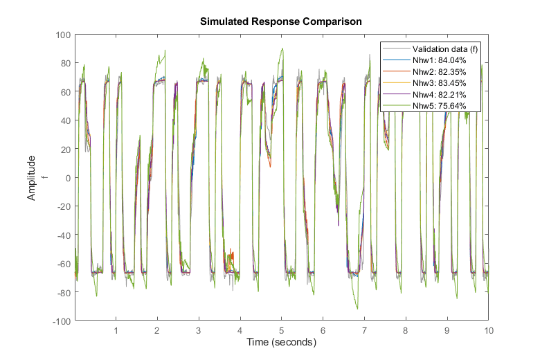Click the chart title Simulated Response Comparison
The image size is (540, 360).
pyautogui.click(x=280, y=21)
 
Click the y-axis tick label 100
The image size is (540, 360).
pyautogui.click(x=64, y=35)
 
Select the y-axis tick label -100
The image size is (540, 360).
pyautogui.click(x=62, y=321)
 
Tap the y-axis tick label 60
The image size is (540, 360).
pyautogui.click(x=66, y=92)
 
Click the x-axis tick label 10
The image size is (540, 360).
pyautogui.click(x=488, y=331)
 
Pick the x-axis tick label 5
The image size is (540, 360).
pyautogui.click(x=281, y=331)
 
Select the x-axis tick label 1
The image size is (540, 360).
pyautogui.click(x=116, y=331)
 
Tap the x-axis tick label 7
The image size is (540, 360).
pyautogui.click(x=364, y=331)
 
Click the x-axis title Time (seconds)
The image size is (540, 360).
pyautogui.click(x=281, y=343)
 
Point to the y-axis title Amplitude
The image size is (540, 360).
pyautogui.click(x=32, y=178)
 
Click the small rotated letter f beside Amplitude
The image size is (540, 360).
pyautogui.click(x=44, y=178)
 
